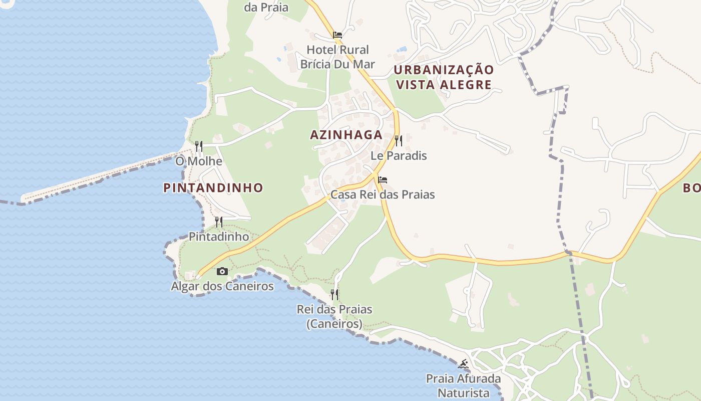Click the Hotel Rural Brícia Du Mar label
point(337,57)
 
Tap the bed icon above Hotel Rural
point(337,35)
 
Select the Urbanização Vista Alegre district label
point(443,77)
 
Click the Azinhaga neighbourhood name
point(346,135)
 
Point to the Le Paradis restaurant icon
point(398,140)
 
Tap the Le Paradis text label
point(399,155)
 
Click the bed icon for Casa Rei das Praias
point(383,179)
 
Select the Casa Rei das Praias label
point(383,194)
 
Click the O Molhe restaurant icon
point(199,146)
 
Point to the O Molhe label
point(198,161)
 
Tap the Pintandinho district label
point(213,188)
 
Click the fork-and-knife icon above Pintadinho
point(219,222)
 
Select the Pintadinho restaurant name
point(219,237)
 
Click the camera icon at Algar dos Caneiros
point(222,271)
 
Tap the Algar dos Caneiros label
point(222,286)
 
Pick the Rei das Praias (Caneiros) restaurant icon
point(334,294)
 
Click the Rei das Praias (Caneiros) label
point(334,316)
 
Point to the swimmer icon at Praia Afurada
point(463,363)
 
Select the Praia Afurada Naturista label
point(463,385)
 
